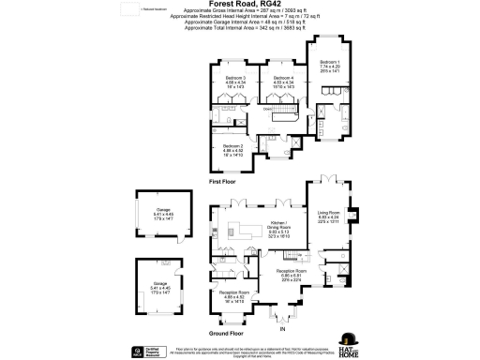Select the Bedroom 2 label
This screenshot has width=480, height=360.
(232, 149)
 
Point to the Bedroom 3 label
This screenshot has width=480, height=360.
(235, 81)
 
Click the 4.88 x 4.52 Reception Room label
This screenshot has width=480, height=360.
(232, 297)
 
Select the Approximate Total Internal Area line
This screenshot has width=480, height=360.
(240, 29)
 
